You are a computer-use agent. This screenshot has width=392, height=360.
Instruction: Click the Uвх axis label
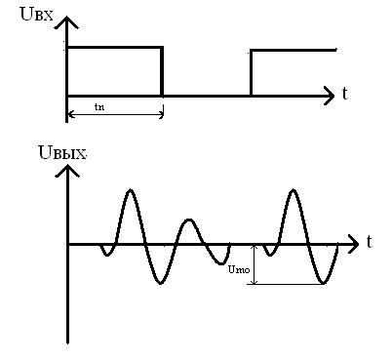click(36, 15)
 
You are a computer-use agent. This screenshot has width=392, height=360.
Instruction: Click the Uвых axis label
click(62, 152)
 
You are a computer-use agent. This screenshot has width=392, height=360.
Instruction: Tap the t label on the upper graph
click(345, 94)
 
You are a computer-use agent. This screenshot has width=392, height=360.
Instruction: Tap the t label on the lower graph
click(370, 242)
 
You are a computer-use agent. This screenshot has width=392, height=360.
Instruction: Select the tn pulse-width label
click(99, 106)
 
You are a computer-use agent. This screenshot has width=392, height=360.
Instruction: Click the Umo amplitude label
click(239, 269)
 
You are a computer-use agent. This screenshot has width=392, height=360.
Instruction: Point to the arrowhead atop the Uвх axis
click(66, 22)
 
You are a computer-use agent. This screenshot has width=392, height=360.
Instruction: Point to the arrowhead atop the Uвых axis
click(67, 171)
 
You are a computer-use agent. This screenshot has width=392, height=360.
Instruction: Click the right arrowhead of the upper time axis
click(328, 96)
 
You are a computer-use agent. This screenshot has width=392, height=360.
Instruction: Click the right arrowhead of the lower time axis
click(352, 244)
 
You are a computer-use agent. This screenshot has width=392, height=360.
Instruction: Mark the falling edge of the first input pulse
click(162, 71)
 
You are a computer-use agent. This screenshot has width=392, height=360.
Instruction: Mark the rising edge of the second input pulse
click(251, 73)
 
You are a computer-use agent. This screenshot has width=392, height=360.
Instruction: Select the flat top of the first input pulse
click(114, 48)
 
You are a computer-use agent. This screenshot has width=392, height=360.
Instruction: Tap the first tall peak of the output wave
click(131, 189)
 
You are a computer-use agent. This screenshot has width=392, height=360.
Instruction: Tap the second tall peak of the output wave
click(294, 189)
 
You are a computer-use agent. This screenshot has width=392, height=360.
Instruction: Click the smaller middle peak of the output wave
click(189, 220)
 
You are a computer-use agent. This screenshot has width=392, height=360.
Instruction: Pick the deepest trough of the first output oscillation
click(160, 283)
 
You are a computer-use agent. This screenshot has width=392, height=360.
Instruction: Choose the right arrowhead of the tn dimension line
click(161, 114)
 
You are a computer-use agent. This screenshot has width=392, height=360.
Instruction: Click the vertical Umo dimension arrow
click(255, 264)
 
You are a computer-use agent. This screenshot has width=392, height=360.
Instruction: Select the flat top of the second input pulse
click(294, 51)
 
